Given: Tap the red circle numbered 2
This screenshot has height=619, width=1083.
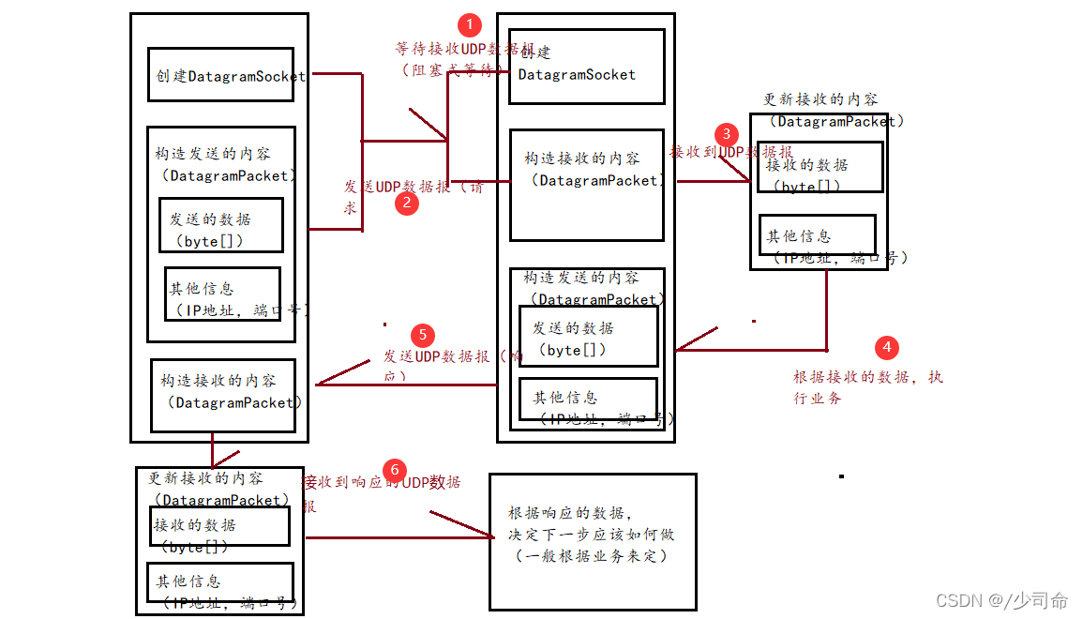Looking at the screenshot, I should tap(406, 203).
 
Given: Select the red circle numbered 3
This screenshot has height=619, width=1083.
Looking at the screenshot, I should tap(726, 134).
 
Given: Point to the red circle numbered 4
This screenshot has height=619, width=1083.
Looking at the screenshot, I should tap(886, 348).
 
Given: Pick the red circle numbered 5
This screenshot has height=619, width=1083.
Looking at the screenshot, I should tap(423, 335).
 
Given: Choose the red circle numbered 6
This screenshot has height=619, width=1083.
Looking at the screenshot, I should tap(395, 469).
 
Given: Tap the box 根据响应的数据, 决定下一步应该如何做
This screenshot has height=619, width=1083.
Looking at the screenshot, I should tap(593, 541).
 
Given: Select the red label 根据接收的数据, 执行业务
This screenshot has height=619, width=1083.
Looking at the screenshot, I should tap(867, 386).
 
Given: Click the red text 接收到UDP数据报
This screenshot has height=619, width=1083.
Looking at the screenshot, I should tap(730, 152).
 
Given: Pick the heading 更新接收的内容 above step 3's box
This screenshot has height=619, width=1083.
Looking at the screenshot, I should tap(820, 99).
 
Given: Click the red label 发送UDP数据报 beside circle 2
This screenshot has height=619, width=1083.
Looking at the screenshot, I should tap(414, 187).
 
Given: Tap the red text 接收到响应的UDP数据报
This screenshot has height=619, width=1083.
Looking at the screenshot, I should tap(381, 483).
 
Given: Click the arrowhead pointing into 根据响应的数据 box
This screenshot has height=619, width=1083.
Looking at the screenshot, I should tap(488, 536).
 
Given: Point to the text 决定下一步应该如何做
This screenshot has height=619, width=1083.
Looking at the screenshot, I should tap(591, 535).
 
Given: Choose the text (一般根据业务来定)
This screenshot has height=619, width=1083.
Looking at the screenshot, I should tap(591, 556).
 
